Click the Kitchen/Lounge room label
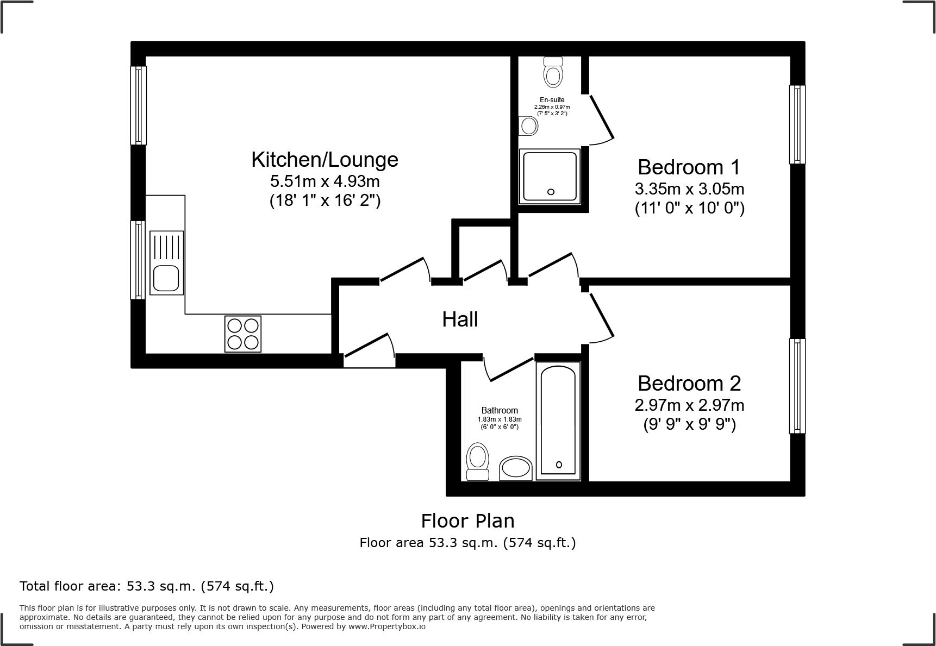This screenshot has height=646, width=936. pyautogui.click(x=325, y=160)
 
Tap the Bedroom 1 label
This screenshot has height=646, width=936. pyautogui.click(x=689, y=167)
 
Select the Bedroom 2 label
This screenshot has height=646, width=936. pyautogui.click(x=689, y=384)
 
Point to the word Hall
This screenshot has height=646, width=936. pyautogui.click(x=460, y=319)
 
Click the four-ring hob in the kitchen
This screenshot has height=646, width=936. pyautogui.click(x=242, y=334)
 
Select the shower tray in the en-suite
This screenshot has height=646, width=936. pyautogui.click(x=550, y=177)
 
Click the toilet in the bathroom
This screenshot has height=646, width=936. pyautogui.click(x=478, y=462)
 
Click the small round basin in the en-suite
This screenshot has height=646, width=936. pyautogui.click(x=528, y=126)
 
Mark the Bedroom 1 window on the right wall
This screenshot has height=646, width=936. pyautogui.click(x=797, y=124)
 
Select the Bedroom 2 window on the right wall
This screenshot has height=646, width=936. pyautogui.click(x=797, y=386)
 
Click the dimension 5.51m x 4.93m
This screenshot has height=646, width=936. pyautogui.click(x=325, y=181)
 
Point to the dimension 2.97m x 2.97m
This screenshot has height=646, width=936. pyautogui.click(x=689, y=405)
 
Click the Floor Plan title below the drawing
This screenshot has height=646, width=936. pyautogui.click(x=467, y=521)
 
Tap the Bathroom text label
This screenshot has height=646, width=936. pyautogui.click(x=500, y=411)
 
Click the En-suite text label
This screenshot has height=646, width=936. pyautogui.click(x=552, y=100)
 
